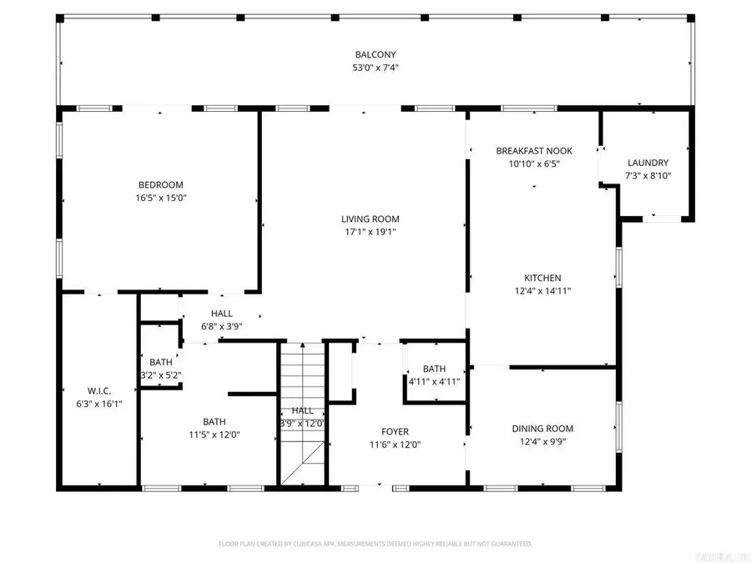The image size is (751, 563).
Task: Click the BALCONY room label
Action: [x=375, y=55]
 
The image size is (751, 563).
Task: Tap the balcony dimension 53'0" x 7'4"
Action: [x=375, y=68]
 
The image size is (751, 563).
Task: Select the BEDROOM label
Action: [x=161, y=185]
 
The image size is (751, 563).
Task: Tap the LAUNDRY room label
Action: [x=648, y=163]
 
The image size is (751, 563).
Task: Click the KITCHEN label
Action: [x=542, y=278]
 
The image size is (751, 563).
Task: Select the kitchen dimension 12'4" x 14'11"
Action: [x=542, y=291]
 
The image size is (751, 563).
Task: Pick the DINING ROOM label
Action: [x=542, y=429]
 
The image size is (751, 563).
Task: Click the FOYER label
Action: [x=395, y=431]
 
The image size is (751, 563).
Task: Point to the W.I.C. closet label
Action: [x=98, y=391]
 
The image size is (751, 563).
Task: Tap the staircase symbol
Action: [x=301, y=413]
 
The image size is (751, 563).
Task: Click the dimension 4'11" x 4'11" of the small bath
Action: [x=434, y=381]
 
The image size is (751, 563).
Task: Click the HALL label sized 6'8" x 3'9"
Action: [x=222, y=314]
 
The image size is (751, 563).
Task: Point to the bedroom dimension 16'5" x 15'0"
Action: [x=161, y=199]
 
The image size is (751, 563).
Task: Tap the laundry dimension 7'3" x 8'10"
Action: [x=648, y=176]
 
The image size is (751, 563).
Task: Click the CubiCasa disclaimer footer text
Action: [x=375, y=544]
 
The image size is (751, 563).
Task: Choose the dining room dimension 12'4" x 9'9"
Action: [x=542, y=442]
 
